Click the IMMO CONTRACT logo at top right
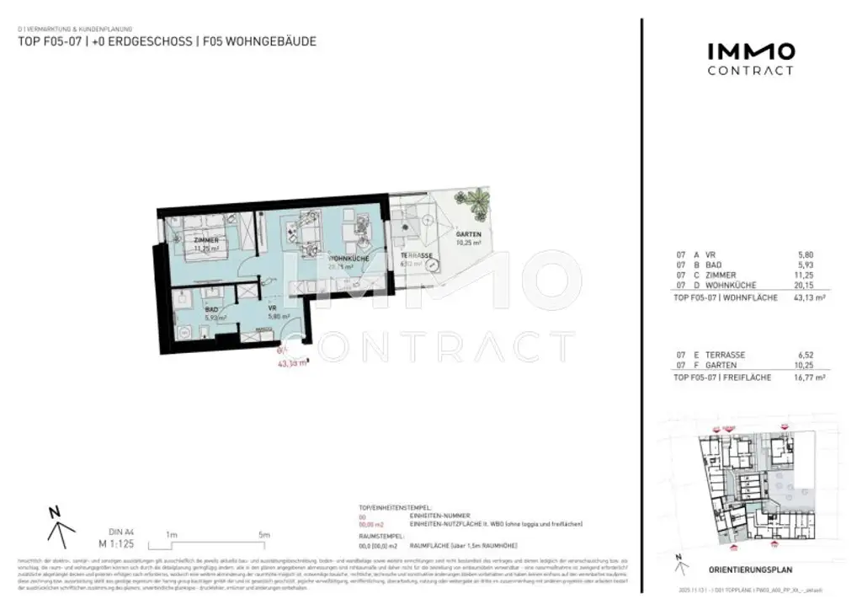749,59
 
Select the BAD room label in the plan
212,309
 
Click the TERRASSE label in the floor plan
417,255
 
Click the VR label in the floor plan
272,309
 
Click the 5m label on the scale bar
263,535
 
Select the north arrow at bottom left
59,526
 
